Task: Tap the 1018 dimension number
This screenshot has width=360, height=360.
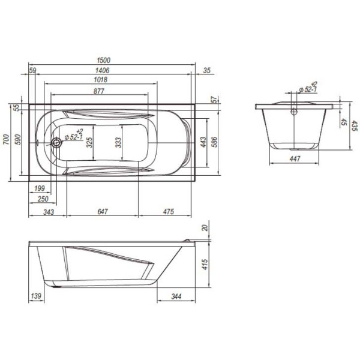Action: coord(100,80)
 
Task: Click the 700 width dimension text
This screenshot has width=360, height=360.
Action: coord(6,141)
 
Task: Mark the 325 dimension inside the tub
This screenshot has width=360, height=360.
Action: coord(89,143)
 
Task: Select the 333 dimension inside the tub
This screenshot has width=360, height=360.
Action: coord(119,143)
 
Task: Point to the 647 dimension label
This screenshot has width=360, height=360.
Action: coord(102,211)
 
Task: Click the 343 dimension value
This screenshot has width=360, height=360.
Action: coord(49,211)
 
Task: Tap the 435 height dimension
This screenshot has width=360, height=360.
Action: coord(354,127)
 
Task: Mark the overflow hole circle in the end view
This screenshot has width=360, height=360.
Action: coord(294,111)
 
